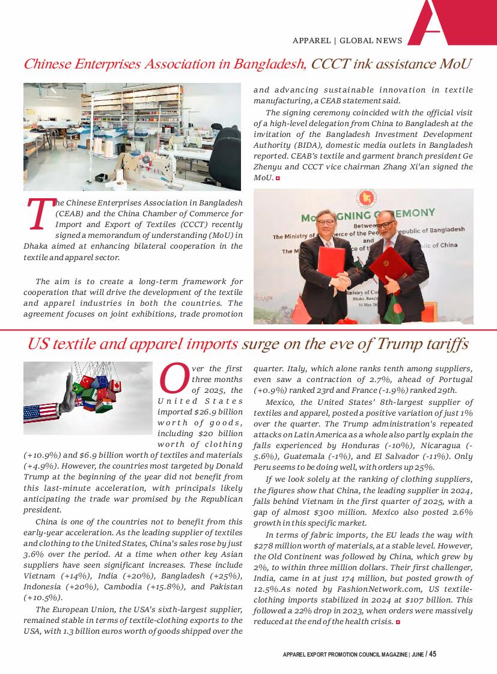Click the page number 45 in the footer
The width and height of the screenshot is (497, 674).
click(x=433, y=654)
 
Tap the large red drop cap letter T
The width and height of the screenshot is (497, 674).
click(x=38, y=215)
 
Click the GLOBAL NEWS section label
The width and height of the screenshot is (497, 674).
click(x=371, y=41)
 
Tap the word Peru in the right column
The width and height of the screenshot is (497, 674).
click(x=263, y=467)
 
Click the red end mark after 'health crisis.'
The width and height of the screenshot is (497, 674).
click(x=398, y=622)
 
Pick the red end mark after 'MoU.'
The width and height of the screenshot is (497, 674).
click(x=278, y=178)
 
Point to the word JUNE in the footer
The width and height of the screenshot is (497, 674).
click(x=416, y=654)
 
